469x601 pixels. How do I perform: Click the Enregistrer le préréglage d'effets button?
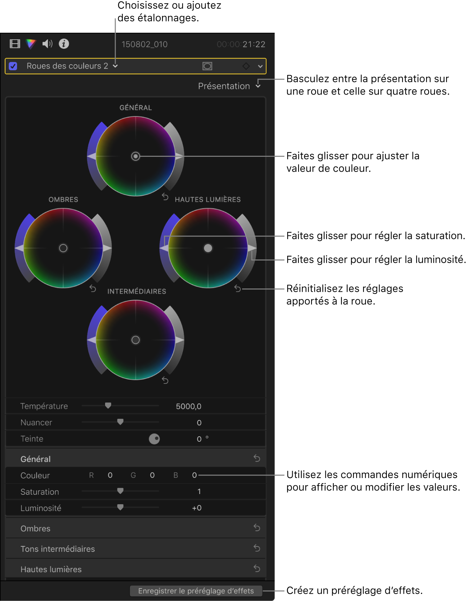(196, 591)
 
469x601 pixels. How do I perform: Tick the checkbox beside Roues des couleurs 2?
(13, 66)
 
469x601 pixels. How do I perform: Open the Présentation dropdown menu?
(229, 86)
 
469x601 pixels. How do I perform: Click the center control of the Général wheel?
(136, 156)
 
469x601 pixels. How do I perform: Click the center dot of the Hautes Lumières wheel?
(208, 248)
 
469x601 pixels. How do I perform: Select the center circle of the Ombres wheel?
(63, 248)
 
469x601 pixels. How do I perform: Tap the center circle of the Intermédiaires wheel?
(136, 340)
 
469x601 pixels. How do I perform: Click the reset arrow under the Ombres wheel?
(93, 288)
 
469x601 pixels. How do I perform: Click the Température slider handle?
(108, 405)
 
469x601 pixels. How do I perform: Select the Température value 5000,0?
(188, 406)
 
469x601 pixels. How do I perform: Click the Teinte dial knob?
(155, 439)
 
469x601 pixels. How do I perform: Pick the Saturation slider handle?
(120, 491)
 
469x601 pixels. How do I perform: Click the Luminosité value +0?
(197, 508)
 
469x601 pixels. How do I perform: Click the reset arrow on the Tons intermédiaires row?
(257, 548)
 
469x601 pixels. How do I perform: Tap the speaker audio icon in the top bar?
(47, 44)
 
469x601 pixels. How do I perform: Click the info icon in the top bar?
(64, 44)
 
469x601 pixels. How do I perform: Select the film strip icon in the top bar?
(15, 44)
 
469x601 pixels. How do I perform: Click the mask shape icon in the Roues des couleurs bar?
(207, 66)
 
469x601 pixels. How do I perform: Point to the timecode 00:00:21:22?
(241, 44)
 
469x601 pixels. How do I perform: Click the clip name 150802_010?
(144, 44)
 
